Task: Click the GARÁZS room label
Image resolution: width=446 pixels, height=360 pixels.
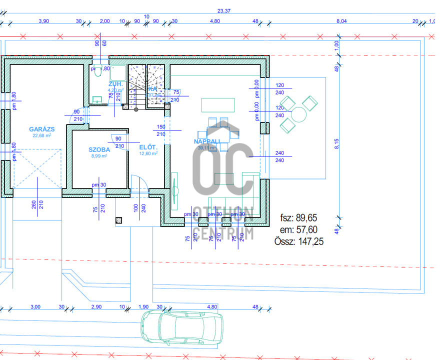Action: [41, 129]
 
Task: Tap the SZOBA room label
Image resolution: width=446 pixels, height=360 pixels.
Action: [99, 149]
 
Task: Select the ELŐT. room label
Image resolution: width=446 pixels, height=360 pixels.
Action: [149, 147]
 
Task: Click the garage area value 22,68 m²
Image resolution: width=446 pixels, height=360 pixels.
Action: [42, 135]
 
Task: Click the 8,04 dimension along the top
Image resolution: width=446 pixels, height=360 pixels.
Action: [342, 21]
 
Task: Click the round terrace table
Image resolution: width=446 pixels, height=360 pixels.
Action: [299, 114]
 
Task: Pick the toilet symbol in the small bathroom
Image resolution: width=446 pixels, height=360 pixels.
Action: [97, 71]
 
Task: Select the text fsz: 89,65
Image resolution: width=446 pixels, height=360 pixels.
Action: [298, 218]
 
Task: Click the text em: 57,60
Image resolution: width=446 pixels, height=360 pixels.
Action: [299, 230]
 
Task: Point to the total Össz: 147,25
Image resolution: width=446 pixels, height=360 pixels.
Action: [296, 241]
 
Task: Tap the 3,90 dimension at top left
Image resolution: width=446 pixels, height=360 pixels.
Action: [44, 21]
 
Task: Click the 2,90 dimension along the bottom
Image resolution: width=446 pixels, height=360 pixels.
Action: [96, 306]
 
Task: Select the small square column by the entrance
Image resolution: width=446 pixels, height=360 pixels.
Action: [119, 220]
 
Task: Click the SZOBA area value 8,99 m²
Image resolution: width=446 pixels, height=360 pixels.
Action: [99, 156]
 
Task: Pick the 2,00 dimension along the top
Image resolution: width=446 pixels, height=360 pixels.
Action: [105, 21]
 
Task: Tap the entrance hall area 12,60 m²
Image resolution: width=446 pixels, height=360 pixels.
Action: [149, 154]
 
